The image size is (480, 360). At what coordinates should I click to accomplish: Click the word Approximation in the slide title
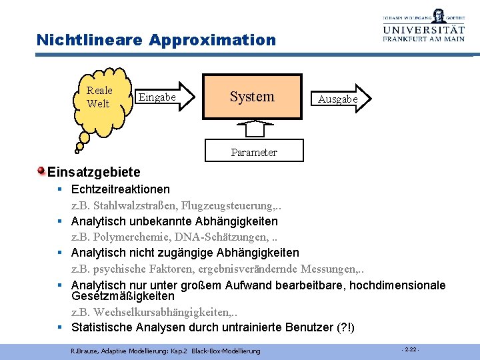pos(212,40)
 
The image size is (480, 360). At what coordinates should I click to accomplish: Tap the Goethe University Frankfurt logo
pos(424,26)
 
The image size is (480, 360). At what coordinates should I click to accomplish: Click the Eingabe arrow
pos(163,97)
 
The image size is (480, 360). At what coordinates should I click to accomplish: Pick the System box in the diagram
pos(252,97)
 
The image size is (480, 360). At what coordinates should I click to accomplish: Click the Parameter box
pos(254,152)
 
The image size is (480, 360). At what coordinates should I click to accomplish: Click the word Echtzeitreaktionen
pos(121,189)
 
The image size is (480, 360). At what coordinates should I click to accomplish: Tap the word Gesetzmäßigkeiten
pos(123,296)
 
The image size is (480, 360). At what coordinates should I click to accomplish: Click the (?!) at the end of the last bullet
pos(347,327)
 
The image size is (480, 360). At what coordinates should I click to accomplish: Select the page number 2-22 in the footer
pos(410,349)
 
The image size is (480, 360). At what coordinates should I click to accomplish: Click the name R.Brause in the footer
pos(83,351)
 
